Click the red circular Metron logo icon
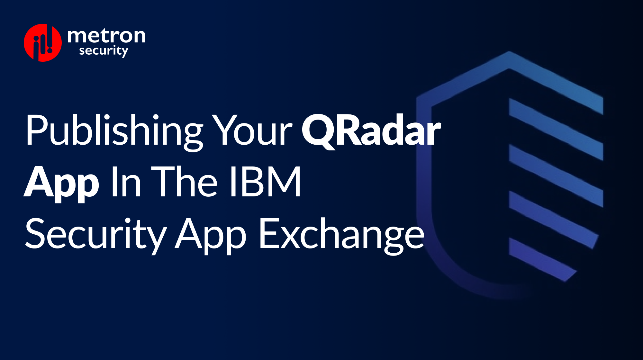pyautogui.click(x=42, y=42)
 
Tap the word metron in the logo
pyautogui.click(x=106, y=36)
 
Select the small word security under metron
pyautogui.click(x=104, y=51)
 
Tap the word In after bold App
pyautogui.click(x=126, y=182)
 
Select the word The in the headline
pyautogui.click(x=185, y=182)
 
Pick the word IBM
pyautogui.click(x=265, y=182)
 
